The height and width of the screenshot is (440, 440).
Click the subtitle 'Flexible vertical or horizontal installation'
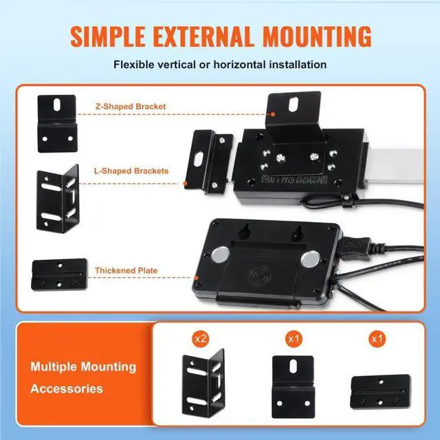(220, 65)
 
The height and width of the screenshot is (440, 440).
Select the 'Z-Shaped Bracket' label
(130, 107)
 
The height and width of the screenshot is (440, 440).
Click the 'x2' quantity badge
(201, 338)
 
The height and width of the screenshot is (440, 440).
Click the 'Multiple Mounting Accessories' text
(83, 377)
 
